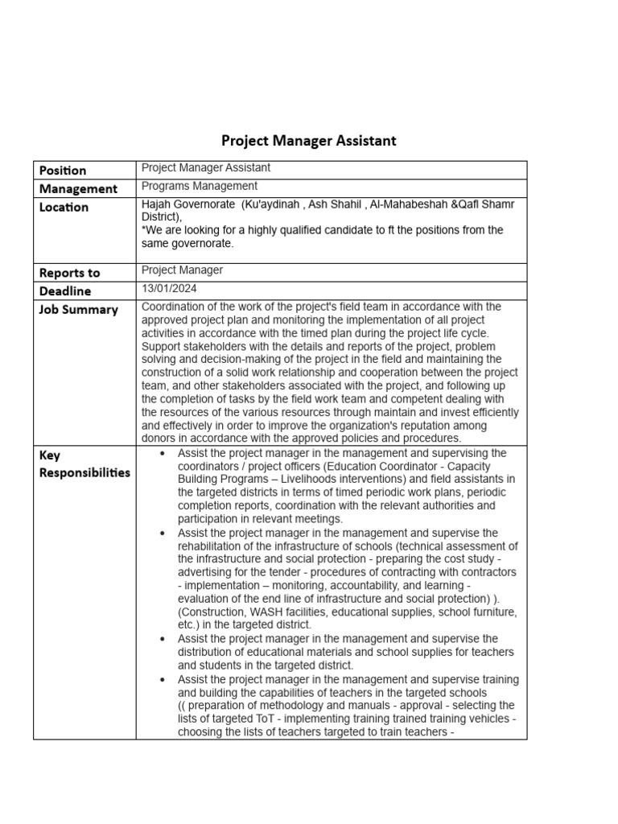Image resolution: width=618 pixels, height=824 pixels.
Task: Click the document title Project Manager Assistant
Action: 309,141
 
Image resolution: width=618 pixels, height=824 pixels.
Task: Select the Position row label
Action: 63,171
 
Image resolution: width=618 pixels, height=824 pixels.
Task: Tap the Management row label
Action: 78,189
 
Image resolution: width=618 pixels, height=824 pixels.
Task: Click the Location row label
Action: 64,208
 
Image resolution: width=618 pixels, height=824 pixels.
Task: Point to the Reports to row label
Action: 70,274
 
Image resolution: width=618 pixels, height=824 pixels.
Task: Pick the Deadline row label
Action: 65,291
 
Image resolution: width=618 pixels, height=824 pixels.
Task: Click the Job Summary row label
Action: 79,310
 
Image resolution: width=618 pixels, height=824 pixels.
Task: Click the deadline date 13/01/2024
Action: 169,288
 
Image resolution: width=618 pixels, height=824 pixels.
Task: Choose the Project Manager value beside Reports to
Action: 182,270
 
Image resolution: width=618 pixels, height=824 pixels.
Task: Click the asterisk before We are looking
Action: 143,230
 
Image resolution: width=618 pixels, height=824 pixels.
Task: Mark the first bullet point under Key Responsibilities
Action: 163,454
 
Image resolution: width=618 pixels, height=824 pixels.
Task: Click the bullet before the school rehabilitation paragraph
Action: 163,534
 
